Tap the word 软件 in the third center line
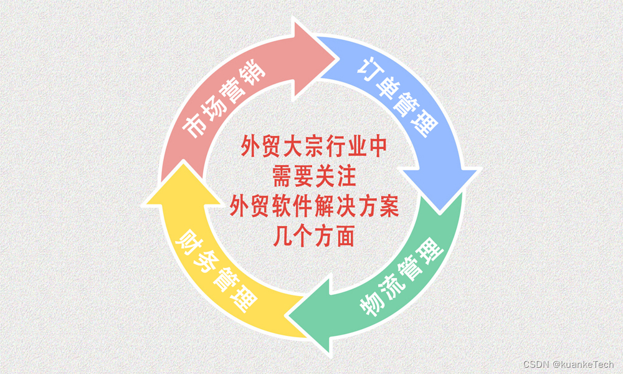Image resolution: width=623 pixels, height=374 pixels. (x=292, y=206)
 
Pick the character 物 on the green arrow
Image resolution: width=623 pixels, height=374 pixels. (x=373, y=305)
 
